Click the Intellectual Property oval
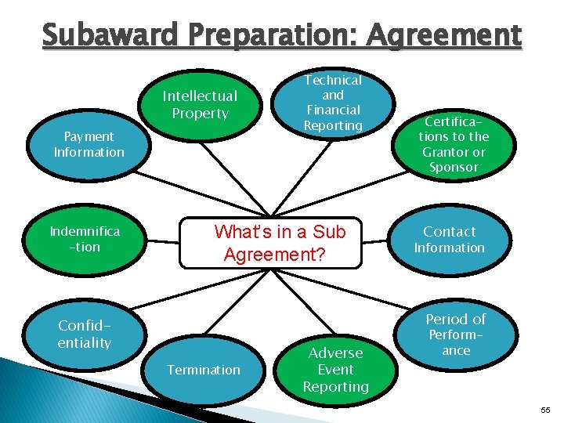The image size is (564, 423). [200, 105]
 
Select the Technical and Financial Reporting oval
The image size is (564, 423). [333, 103]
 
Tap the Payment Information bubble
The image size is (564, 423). [89, 144]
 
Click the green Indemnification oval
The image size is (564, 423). [85, 239]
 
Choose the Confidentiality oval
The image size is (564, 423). [85, 334]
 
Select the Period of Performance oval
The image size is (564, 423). [456, 334]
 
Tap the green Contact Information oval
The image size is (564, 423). [450, 239]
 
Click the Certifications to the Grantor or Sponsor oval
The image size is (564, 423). [454, 144]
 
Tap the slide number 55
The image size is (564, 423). [547, 410]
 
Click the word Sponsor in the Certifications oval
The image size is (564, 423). [454, 168]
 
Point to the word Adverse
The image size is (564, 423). [335, 353]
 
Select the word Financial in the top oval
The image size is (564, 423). [333, 110]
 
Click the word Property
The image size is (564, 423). [200, 114]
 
